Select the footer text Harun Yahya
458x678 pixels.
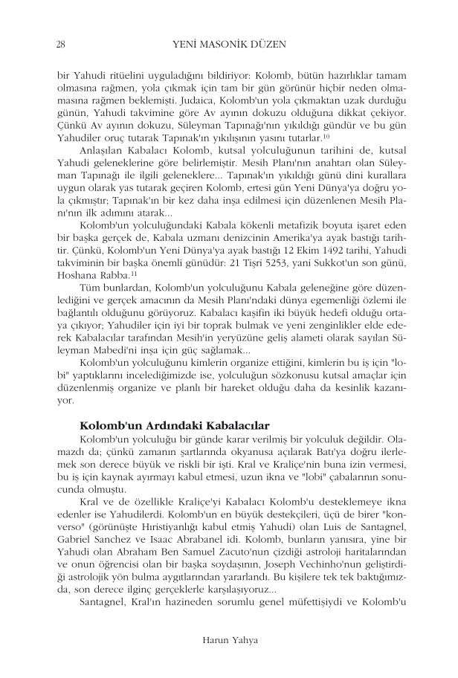(x=229, y=639)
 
